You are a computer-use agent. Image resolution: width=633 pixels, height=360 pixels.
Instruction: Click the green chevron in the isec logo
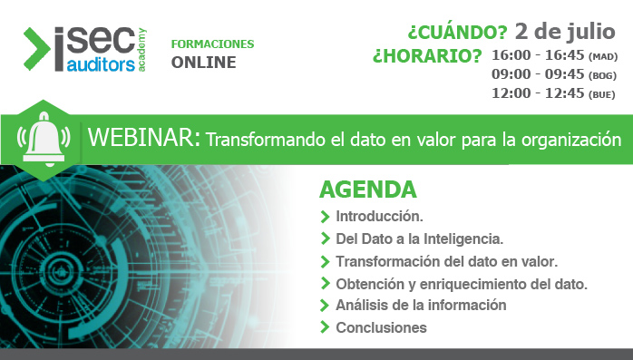(x=37, y=48)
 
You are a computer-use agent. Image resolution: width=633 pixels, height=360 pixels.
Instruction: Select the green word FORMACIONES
(x=212, y=44)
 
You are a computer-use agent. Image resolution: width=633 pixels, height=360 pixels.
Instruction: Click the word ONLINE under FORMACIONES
(x=203, y=63)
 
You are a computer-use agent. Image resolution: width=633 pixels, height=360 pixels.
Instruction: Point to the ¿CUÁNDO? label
(x=457, y=34)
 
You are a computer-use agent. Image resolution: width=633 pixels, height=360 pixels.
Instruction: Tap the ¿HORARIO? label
(x=426, y=57)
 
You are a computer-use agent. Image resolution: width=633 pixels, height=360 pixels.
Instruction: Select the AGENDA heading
(x=367, y=190)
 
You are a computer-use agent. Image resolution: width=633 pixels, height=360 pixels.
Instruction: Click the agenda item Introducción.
(x=379, y=218)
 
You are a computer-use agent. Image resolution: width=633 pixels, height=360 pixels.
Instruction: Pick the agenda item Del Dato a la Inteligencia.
(x=419, y=239)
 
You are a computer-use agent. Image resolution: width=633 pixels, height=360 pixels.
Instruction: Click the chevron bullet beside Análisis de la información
(x=325, y=306)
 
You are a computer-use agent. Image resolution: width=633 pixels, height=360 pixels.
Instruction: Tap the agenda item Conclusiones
(x=381, y=327)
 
